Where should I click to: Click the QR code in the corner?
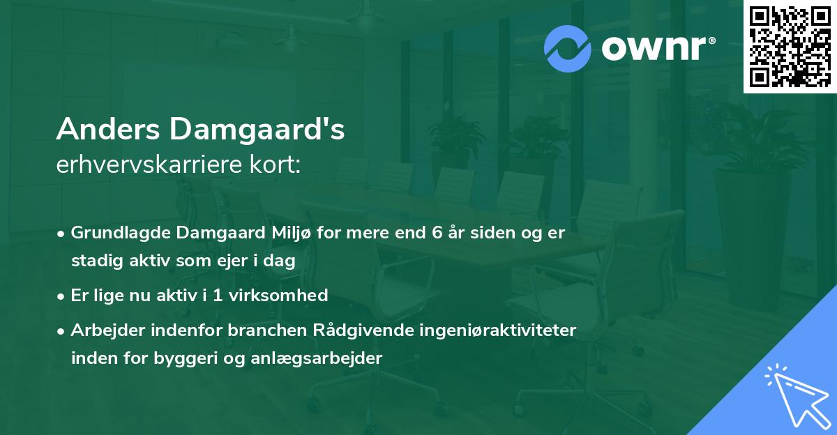pyautogui.click(x=790, y=46)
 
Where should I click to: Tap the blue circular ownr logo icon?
pyautogui.click(x=568, y=49)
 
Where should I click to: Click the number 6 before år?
pyautogui.click(x=437, y=233)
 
